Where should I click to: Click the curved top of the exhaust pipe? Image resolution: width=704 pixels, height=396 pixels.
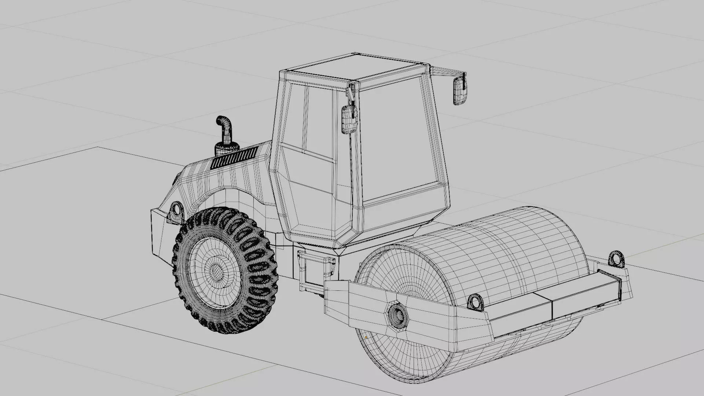pyautogui.click(x=222, y=121)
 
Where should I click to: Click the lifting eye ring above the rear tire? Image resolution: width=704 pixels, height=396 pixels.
pyautogui.click(x=176, y=210)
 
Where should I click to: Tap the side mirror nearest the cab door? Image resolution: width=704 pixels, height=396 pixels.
pyautogui.click(x=349, y=119)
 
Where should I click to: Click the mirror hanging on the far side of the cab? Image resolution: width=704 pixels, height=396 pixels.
pyautogui.click(x=460, y=90)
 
